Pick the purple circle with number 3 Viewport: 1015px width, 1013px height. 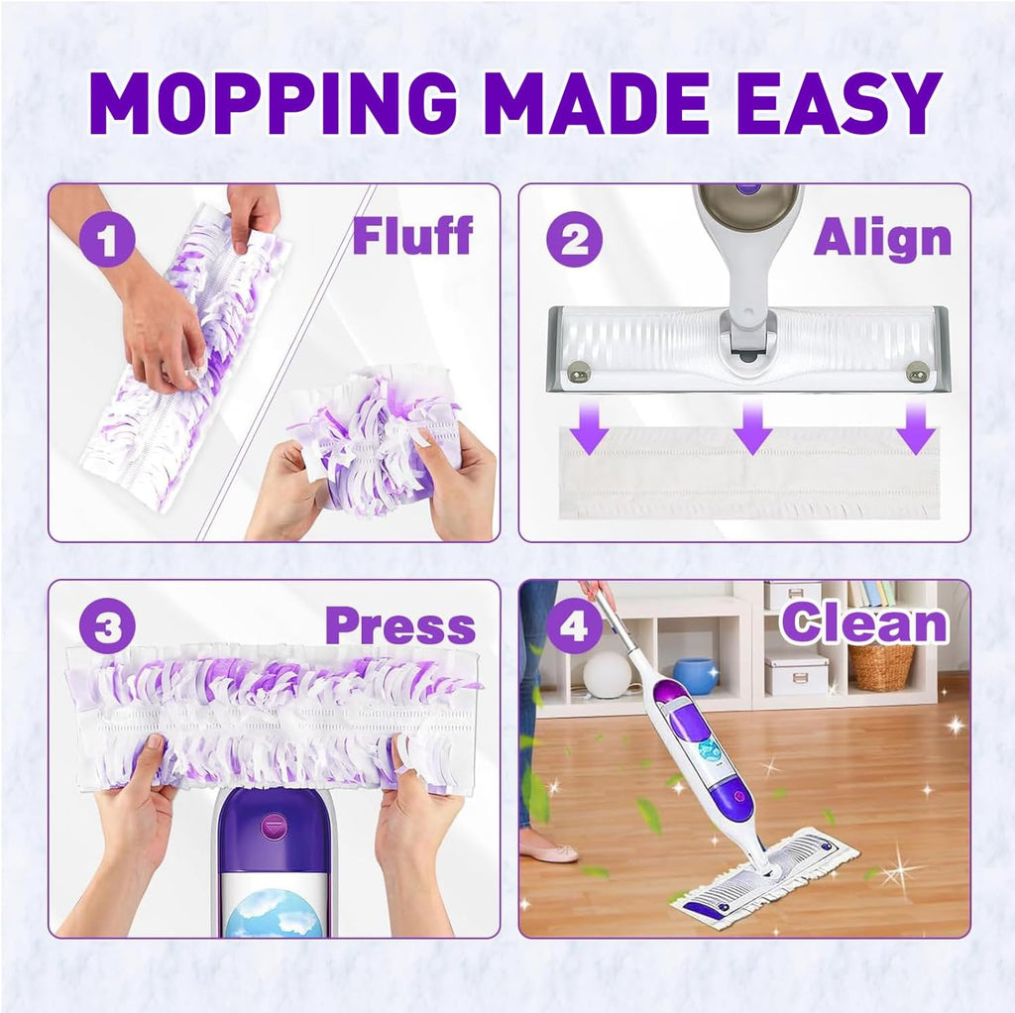pos(106,626)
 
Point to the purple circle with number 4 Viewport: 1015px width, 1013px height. pos(574,626)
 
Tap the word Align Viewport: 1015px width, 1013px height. pos(882,238)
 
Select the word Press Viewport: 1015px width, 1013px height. pos(399,625)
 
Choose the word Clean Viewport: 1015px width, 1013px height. pos(863,623)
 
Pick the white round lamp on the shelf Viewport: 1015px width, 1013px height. pos(607,675)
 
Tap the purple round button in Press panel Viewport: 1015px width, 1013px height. pos(275,824)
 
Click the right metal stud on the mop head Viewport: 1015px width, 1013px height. pos(918,373)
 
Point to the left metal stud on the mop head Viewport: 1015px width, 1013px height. pos(579,373)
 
